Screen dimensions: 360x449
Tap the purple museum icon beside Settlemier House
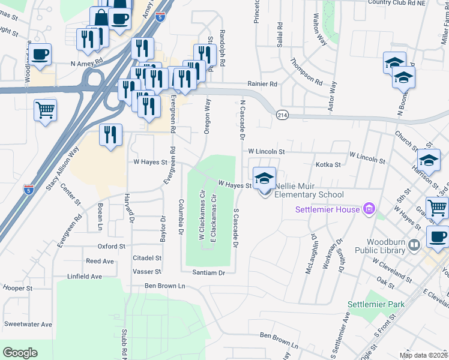pos(369,209)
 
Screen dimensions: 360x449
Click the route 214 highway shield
pos(282,114)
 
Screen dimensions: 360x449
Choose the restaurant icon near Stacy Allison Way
pos(110,135)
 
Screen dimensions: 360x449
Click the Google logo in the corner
pos(20,352)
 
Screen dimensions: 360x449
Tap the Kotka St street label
pos(328,164)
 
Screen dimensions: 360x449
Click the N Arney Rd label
pos(86,62)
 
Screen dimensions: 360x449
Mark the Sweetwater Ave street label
pos(28,324)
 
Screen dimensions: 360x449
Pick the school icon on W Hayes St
pos(265,178)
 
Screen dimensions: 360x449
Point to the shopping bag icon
pos(100,17)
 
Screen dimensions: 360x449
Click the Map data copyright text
pos(423,355)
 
